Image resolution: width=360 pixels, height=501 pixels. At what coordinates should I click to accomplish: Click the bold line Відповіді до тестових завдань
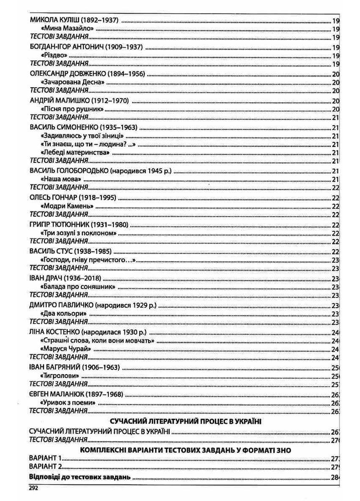pyautogui.click(x=80, y=477)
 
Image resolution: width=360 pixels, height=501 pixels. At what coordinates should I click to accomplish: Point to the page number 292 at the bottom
pyautogui.click(x=34, y=487)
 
